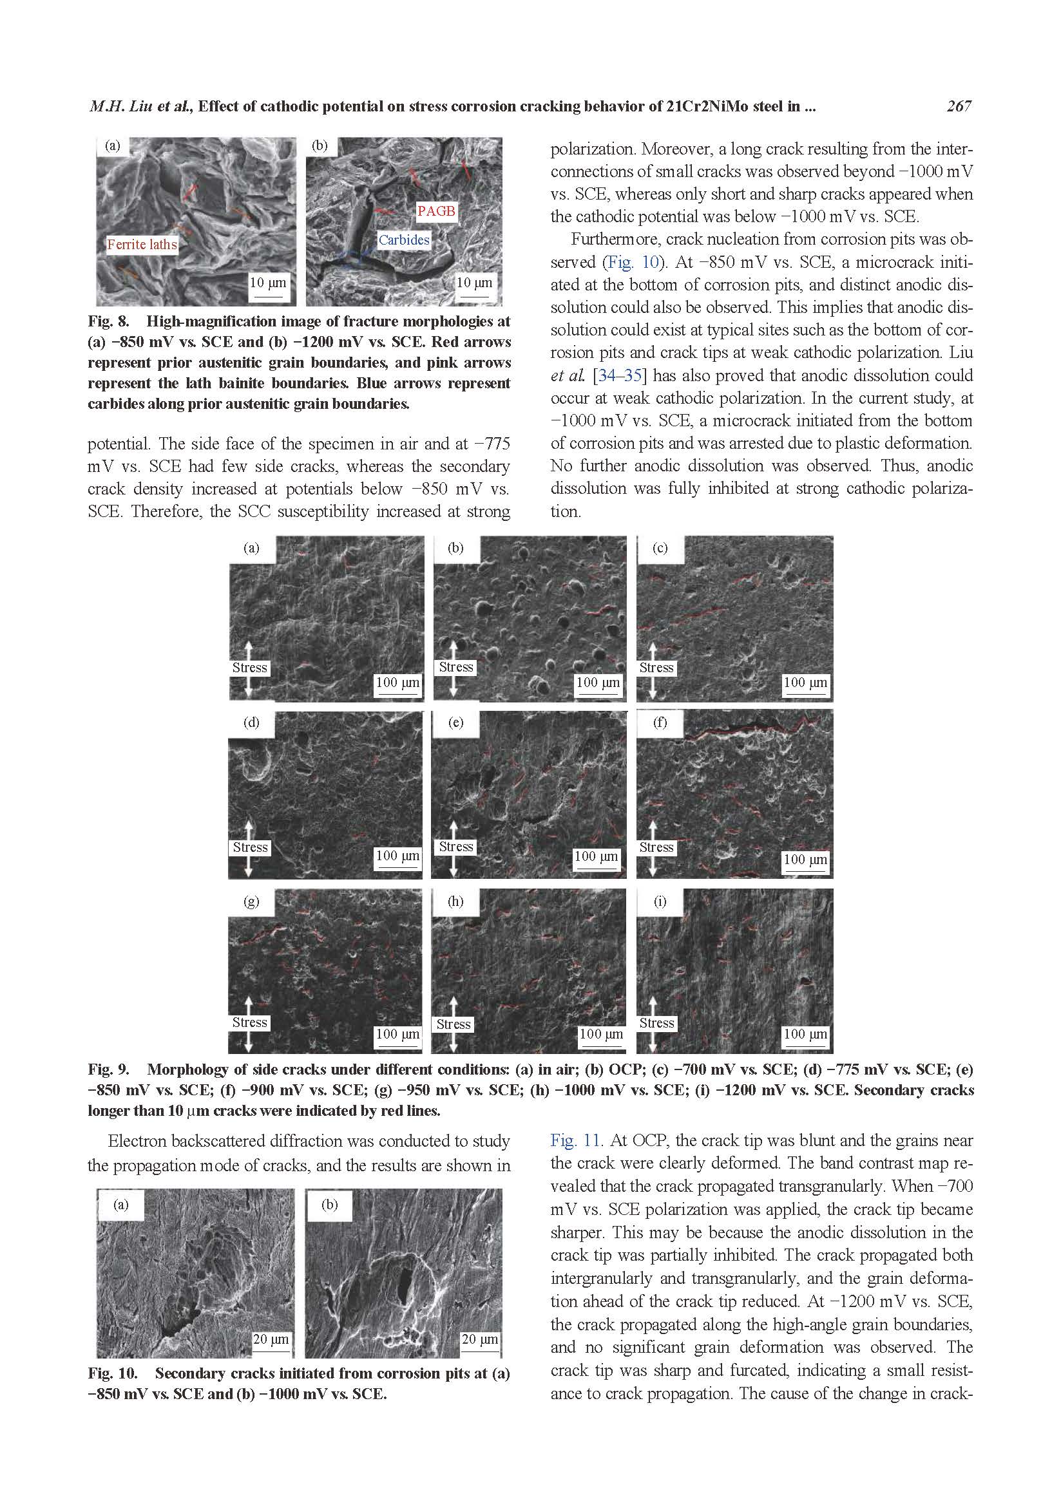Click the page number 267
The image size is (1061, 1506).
click(x=958, y=106)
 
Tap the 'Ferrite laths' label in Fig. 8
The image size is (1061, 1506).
click(x=142, y=245)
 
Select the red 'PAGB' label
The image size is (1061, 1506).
click(x=435, y=211)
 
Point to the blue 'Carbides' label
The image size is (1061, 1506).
click(x=403, y=240)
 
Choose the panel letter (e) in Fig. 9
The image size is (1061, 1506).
click(x=455, y=723)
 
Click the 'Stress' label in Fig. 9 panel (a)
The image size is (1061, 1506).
click(x=249, y=668)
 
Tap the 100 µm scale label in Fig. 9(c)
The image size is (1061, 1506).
click(x=805, y=682)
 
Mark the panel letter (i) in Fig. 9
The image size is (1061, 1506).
click(x=660, y=901)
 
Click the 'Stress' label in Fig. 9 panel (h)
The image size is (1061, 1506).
click(x=454, y=1024)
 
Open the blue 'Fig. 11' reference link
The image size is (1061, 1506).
click(x=575, y=1141)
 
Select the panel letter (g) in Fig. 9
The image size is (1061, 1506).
click(x=251, y=901)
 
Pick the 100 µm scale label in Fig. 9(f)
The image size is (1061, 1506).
click(x=805, y=860)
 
